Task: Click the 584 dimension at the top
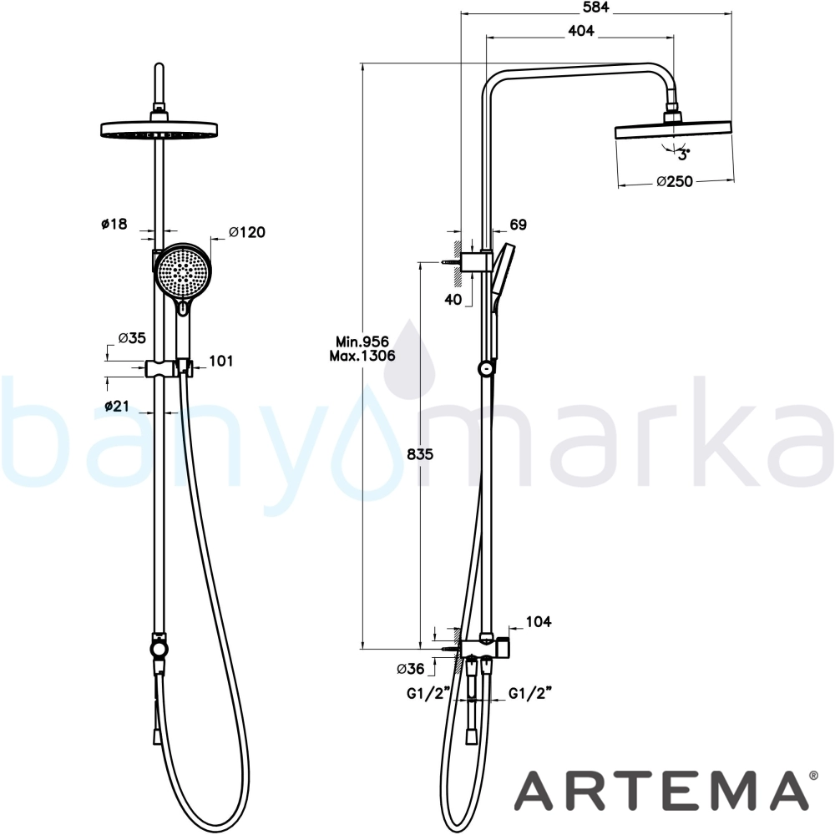click(x=595, y=7)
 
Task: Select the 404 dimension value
click(x=581, y=31)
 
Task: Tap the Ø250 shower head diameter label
click(x=675, y=181)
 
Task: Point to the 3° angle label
click(x=684, y=154)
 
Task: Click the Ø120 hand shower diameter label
click(x=247, y=232)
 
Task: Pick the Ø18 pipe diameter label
click(x=114, y=224)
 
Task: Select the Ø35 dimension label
click(x=132, y=338)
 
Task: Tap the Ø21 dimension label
click(x=117, y=406)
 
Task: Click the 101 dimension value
click(x=221, y=361)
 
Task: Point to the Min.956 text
click(x=362, y=342)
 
